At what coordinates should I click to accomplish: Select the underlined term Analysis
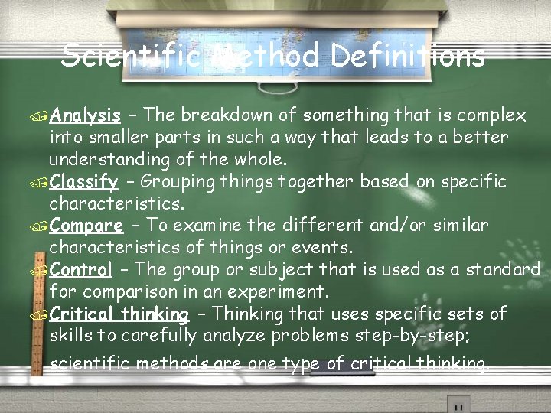tap(86, 116)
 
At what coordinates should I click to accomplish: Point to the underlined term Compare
tap(86, 226)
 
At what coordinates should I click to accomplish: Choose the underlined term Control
tap(81, 270)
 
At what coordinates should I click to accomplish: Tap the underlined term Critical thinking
tap(119, 314)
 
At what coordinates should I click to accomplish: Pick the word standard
tap(500, 270)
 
